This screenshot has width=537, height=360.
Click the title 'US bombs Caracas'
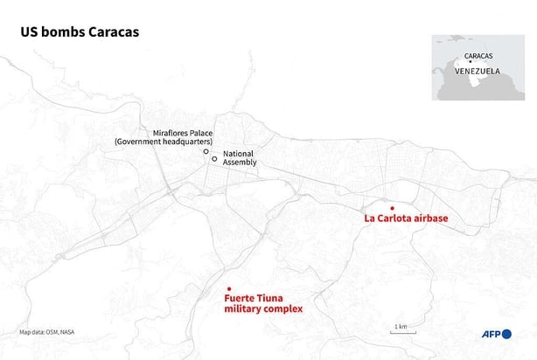coord(80,31)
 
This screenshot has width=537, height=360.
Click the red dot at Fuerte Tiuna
coord(228,289)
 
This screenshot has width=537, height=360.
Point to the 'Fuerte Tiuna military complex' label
coord(262,303)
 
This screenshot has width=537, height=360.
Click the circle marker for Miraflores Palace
coord(206,151)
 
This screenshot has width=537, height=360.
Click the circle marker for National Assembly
coord(214,159)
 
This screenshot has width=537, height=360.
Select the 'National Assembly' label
coord(239,157)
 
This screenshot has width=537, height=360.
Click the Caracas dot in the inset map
coord(471,61)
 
